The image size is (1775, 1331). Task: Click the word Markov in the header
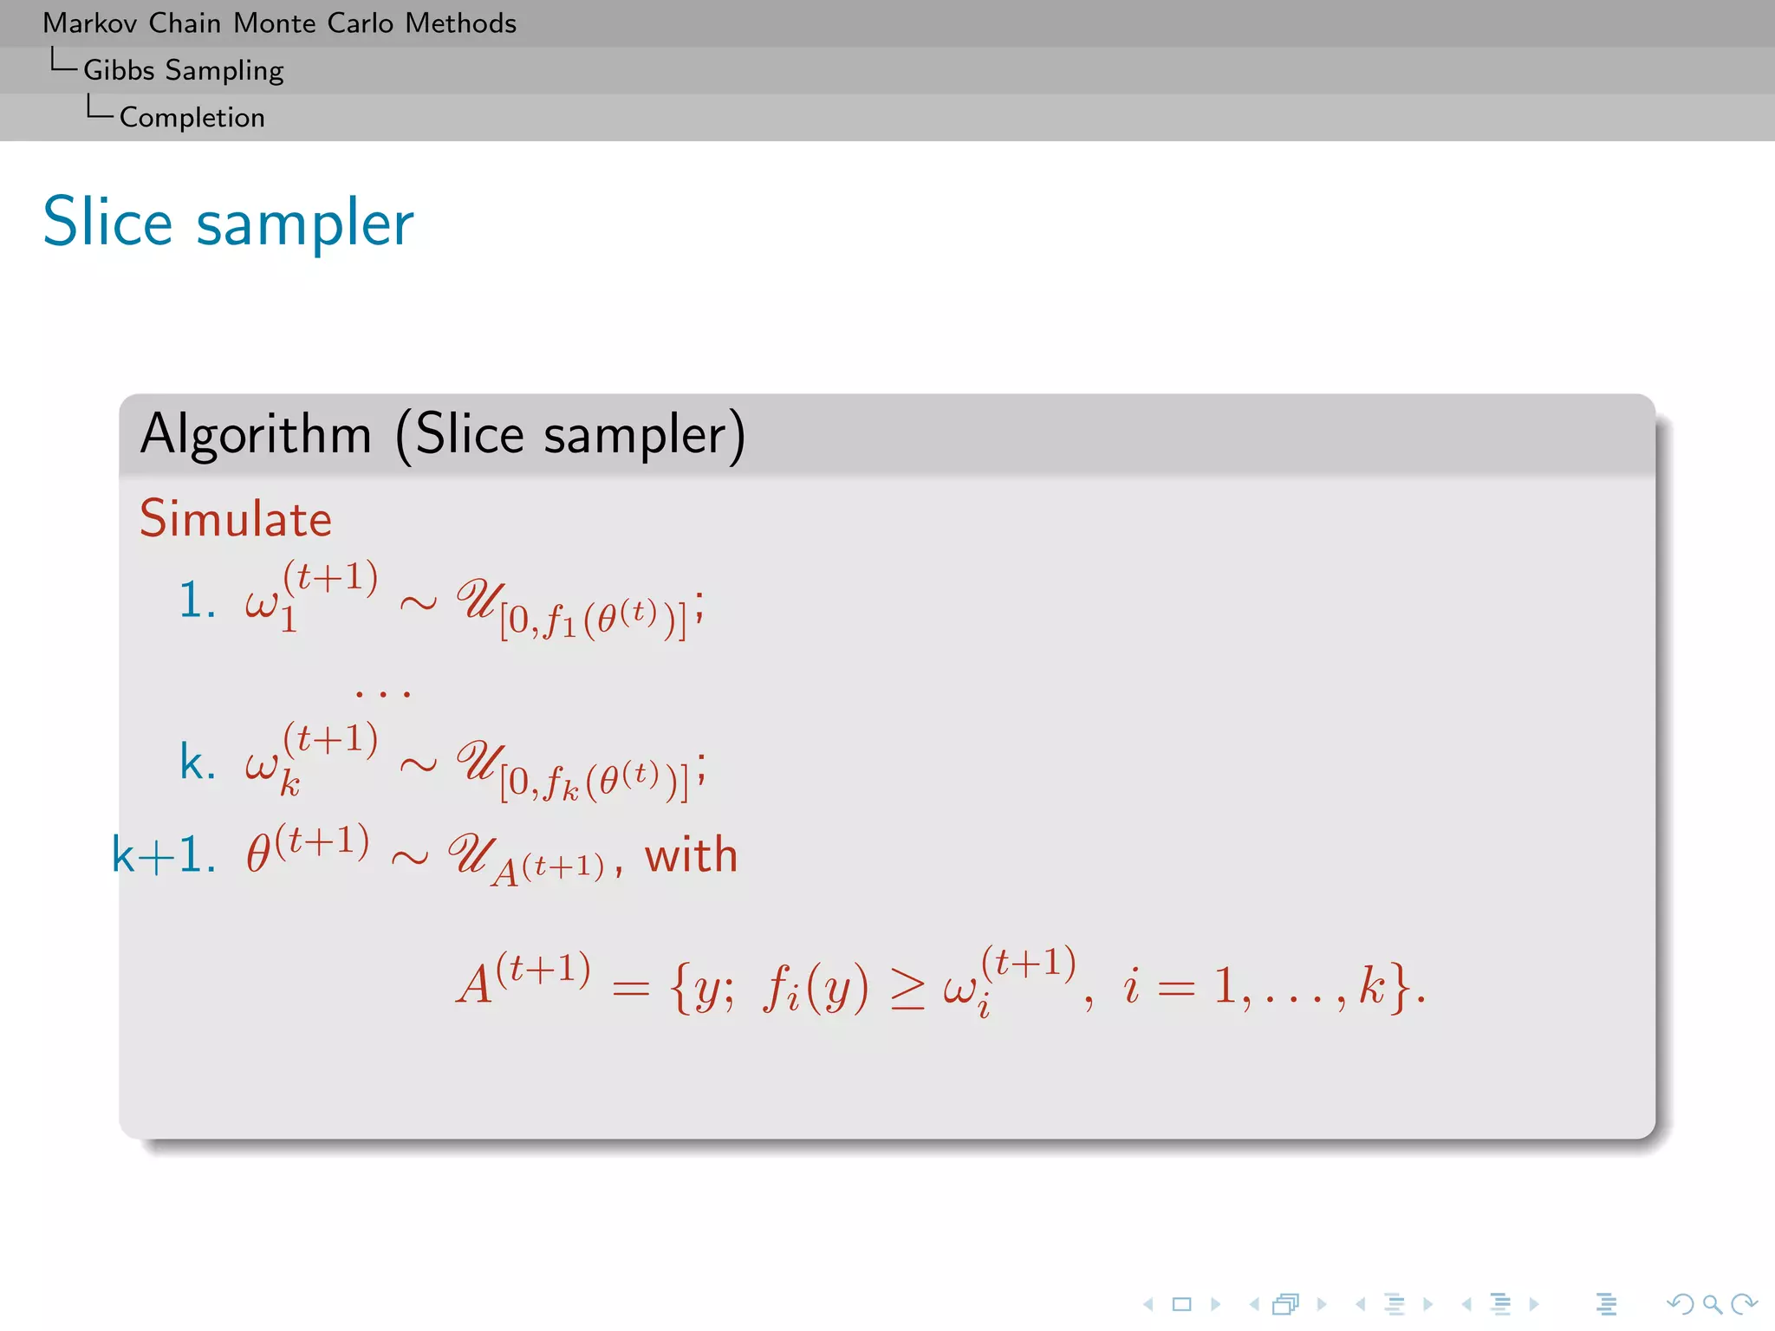(x=90, y=23)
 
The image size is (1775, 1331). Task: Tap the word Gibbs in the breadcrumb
(x=119, y=70)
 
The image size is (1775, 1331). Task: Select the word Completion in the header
(x=192, y=117)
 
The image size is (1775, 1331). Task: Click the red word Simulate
(x=236, y=519)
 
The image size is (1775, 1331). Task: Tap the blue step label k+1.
(x=163, y=855)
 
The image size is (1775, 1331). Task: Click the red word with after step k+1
(x=691, y=855)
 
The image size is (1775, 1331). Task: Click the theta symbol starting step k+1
(x=258, y=854)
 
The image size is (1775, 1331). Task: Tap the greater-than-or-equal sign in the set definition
(x=907, y=989)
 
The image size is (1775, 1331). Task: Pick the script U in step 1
(x=478, y=599)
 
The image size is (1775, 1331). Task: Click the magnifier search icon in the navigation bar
(x=1712, y=1303)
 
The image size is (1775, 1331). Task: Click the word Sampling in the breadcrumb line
(x=224, y=70)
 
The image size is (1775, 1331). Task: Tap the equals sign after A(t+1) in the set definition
(x=630, y=989)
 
